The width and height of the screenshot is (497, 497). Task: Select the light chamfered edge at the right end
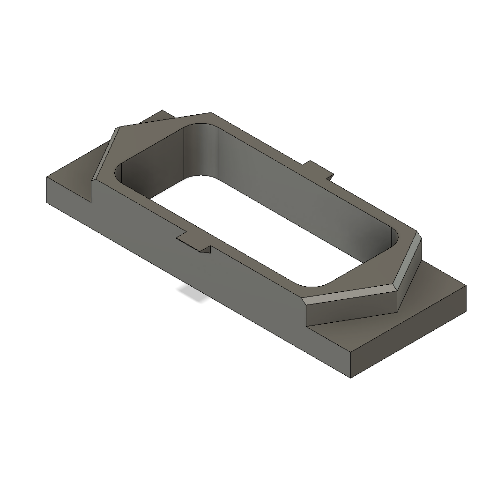click(356, 293)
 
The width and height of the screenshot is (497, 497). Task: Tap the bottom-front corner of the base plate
click(351, 377)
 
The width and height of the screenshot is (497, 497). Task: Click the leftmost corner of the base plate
click(47, 177)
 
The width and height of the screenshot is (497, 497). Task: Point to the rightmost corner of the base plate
click(466, 285)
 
